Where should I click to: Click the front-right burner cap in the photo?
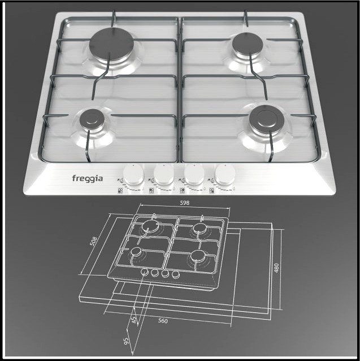[264, 119]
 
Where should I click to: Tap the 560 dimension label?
[164, 321]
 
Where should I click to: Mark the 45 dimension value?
[133, 319]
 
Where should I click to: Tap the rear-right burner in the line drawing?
[199, 229]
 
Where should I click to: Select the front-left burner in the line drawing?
[137, 252]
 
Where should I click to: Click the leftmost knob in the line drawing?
[145, 273]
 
